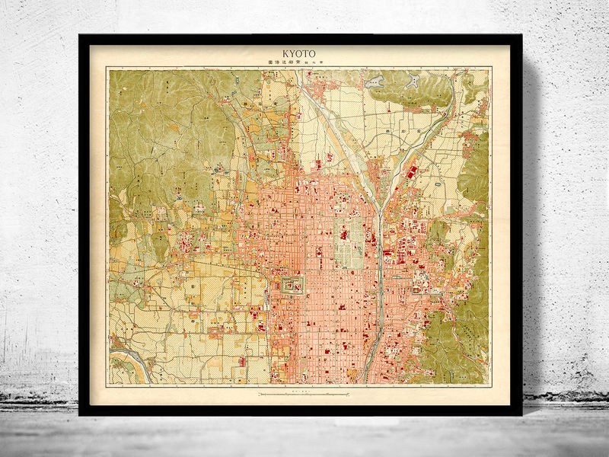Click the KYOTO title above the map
[300, 54]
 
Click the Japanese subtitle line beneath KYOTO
[300, 63]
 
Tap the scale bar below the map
[304, 393]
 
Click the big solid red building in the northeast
[412, 172]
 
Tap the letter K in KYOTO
[286, 54]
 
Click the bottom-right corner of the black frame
[521, 414]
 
